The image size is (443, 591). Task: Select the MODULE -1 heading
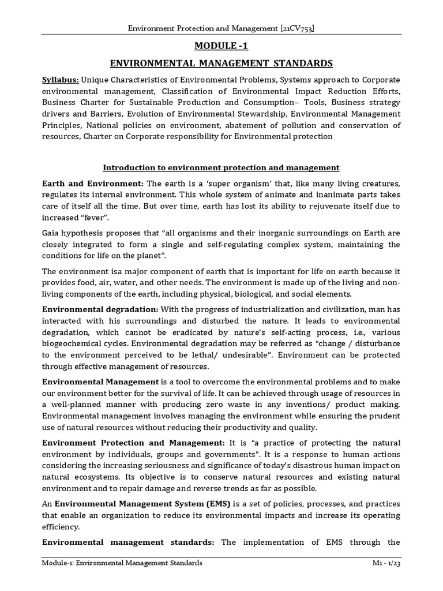221,46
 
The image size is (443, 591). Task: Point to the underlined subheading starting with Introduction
221,167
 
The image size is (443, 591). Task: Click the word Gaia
51,233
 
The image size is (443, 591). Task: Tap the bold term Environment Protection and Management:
134,443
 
